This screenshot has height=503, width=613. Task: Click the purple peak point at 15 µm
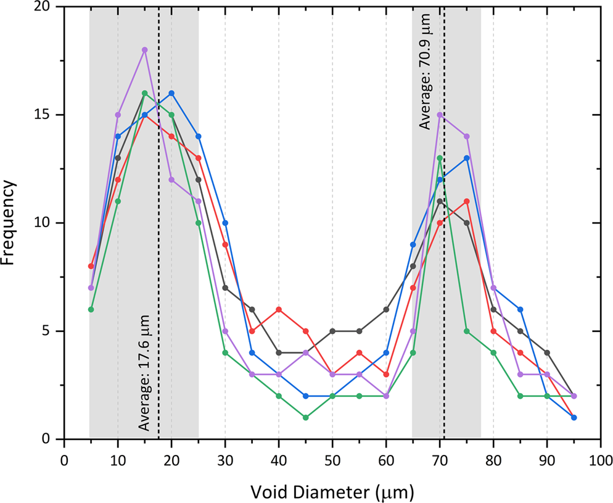point(144,50)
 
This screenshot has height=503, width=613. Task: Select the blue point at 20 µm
point(171,93)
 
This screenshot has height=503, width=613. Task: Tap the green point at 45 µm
point(306,418)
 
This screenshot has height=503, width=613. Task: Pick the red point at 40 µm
point(279,309)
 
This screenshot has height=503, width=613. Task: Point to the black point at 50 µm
point(332,331)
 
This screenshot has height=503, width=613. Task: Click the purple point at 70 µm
point(440,115)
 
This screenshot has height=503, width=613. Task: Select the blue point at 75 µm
point(467,158)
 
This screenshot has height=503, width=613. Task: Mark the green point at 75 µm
point(467,331)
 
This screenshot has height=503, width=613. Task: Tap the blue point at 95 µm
point(574,418)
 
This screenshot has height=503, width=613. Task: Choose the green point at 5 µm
point(91,309)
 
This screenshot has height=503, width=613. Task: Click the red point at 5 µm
point(91,266)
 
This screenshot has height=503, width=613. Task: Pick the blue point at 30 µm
point(225,223)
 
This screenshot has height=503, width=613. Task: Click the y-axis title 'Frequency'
point(9,223)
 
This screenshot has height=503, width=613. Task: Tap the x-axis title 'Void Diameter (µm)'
point(332,492)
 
